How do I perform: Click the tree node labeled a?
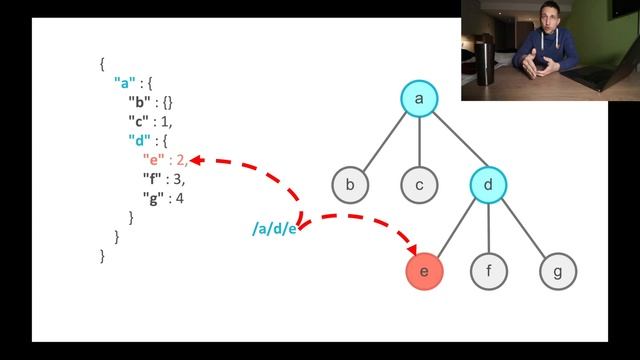point(420,98)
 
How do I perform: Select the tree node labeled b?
point(350,184)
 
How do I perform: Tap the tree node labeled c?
point(420,184)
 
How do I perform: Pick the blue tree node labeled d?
point(488,184)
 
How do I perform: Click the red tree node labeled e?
point(424,270)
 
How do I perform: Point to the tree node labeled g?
point(558,270)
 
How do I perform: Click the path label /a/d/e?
point(274,230)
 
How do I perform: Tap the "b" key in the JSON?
point(139,102)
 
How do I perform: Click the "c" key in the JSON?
point(139,121)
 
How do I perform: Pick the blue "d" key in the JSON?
point(139,140)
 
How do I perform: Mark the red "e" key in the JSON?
point(153,159)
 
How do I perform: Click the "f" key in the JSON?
point(153,178)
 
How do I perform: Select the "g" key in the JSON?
point(153,197)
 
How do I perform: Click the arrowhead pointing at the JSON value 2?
point(196,159)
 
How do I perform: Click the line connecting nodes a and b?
point(384,142)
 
